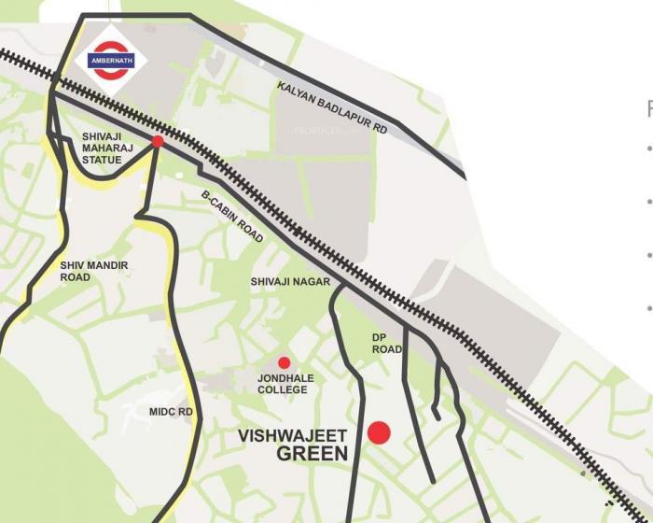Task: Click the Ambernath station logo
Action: point(111,61)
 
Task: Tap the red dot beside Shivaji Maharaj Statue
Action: point(158,141)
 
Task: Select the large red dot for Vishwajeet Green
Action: point(379,432)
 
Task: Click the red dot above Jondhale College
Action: point(285,362)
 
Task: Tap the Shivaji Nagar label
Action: point(289,281)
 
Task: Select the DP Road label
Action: point(387,343)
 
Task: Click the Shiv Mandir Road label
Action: point(94,271)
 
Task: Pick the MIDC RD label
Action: point(171,411)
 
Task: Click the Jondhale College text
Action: point(283,384)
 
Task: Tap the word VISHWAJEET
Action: point(293,436)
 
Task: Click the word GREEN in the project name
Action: point(312,455)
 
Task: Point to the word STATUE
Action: point(102,160)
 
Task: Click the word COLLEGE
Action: point(283,389)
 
